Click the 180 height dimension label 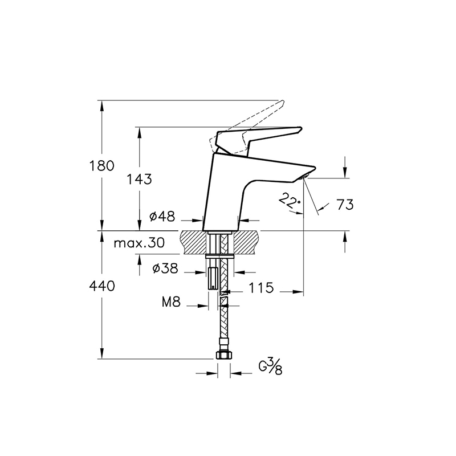click(x=101, y=166)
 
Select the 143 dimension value click(x=139, y=179)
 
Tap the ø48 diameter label click(x=162, y=216)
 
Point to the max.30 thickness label click(x=139, y=243)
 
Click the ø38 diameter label click(x=165, y=268)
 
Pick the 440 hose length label click(x=102, y=286)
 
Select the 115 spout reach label click(x=261, y=288)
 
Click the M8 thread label click(x=172, y=302)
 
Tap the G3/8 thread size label click(x=270, y=367)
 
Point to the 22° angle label click(x=289, y=201)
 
